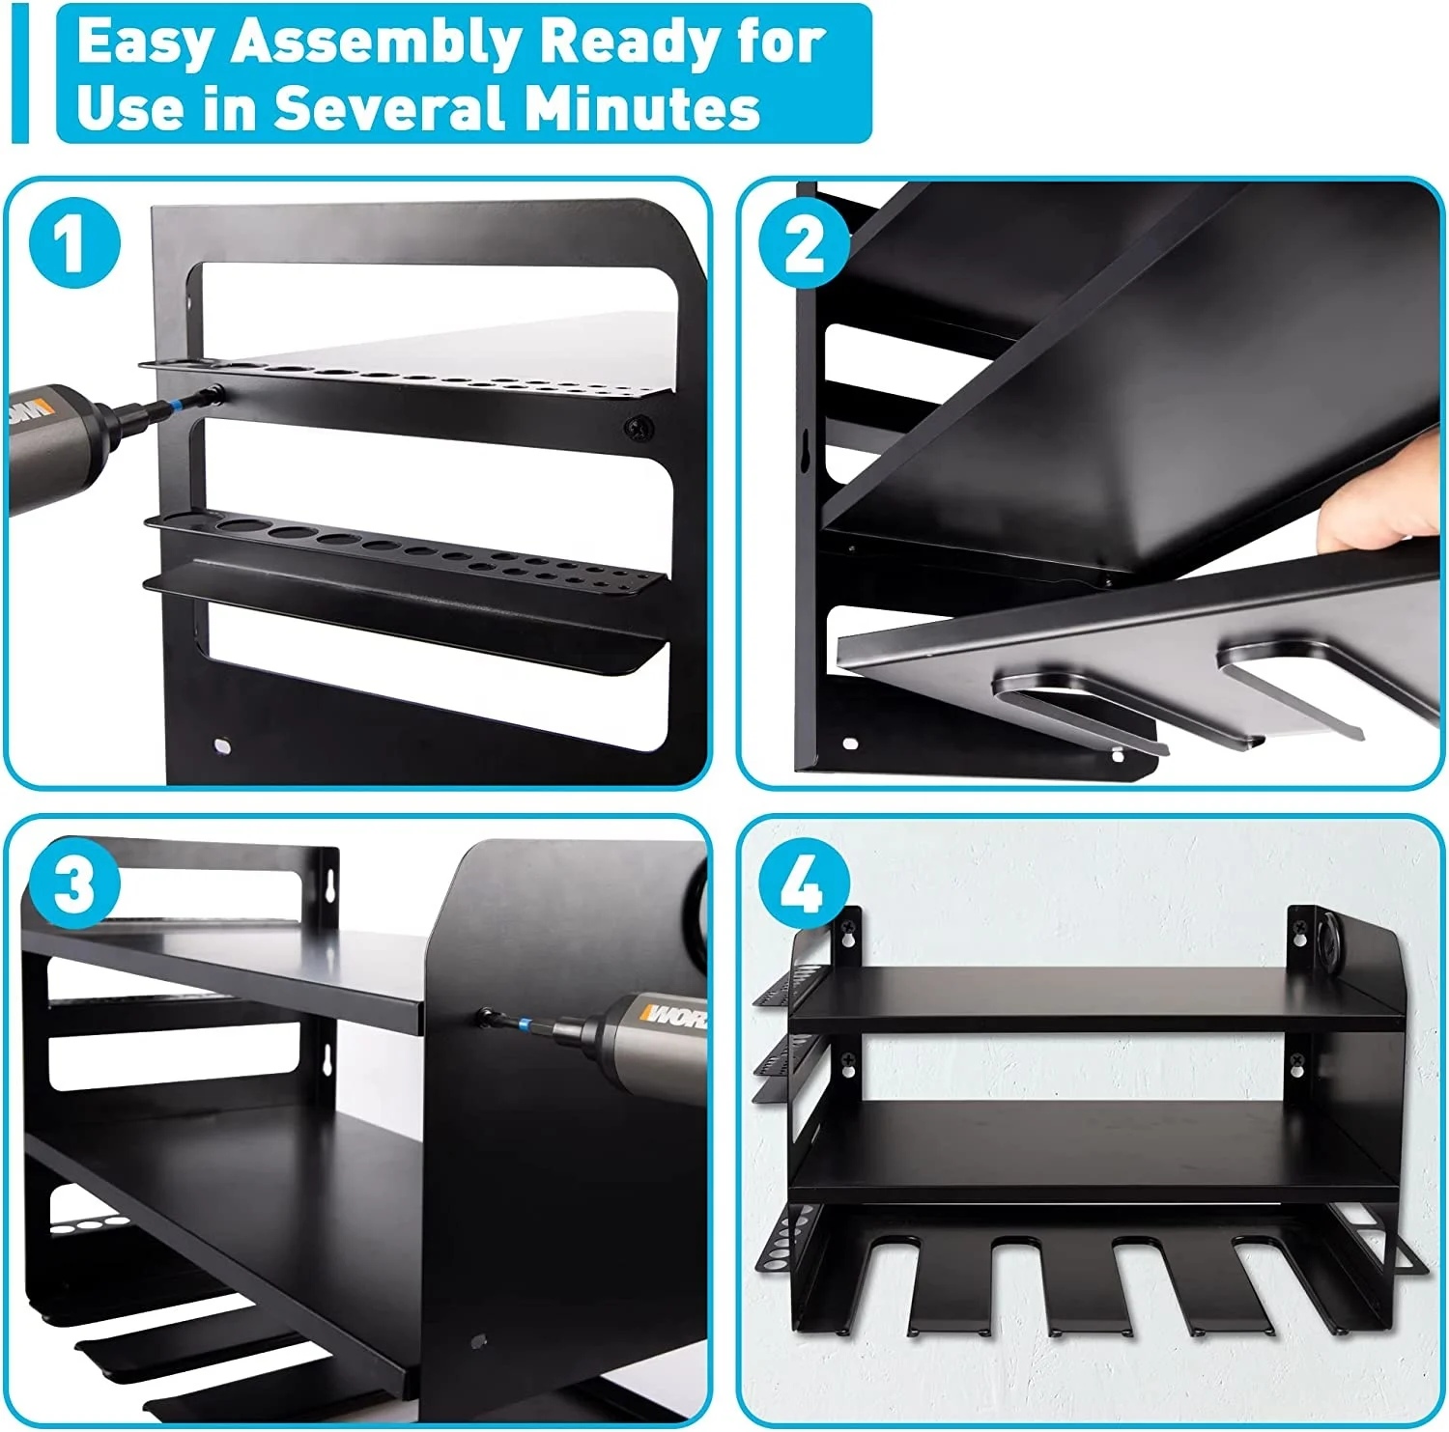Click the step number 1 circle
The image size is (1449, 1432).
tap(74, 242)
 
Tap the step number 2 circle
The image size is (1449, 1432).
tap(804, 242)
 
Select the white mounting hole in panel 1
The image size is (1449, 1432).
tap(221, 745)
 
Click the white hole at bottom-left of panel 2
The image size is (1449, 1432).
tap(850, 744)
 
